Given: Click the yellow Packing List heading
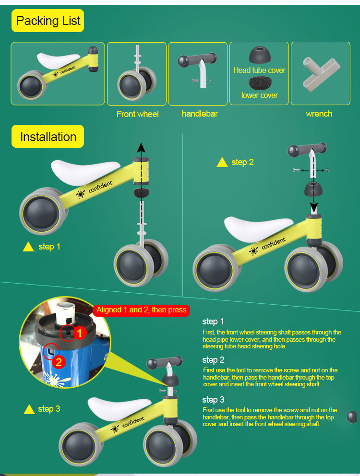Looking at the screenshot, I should (x=48, y=21).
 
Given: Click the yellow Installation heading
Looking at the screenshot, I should (x=48, y=137).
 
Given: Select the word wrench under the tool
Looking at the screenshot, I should (x=319, y=114).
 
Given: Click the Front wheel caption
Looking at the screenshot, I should (x=137, y=114).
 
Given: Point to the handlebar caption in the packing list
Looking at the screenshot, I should (x=200, y=114).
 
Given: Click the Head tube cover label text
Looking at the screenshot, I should (x=259, y=70).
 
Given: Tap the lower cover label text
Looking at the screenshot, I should (x=259, y=95).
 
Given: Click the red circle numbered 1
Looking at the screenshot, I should (x=80, y=332).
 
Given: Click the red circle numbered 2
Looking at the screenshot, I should (x=59, y=362).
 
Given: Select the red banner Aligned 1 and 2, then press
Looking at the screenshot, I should (x=141, y=310).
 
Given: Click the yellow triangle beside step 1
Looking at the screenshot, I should (x=29, y=247).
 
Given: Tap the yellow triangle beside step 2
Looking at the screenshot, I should (x=222, y=163).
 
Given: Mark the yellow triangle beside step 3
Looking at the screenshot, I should (x=29, y=409).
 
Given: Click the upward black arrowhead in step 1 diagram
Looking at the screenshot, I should (x=141, y=147).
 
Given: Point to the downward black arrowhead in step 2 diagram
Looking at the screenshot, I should (x=314, y=209).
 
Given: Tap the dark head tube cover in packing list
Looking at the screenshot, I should (x=260, y=55).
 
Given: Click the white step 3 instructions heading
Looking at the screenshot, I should (x=213, y=400).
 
